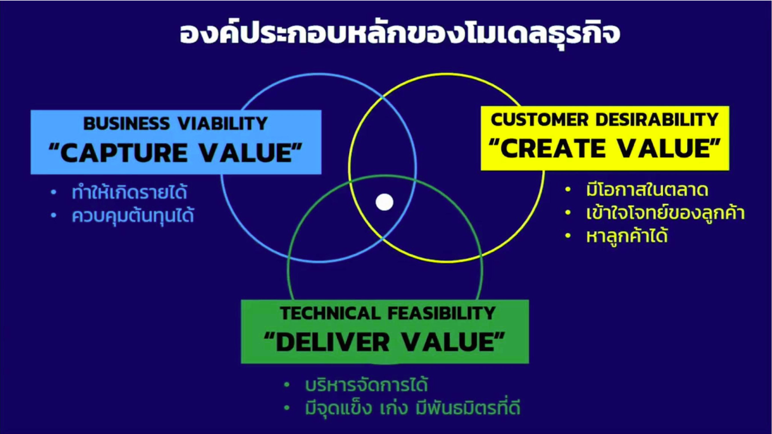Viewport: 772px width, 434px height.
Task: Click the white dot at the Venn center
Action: click(x=385, y=202)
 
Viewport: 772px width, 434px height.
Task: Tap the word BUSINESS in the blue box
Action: click(x=127, y=123)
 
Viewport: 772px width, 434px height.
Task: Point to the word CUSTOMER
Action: click(x=540, y=120)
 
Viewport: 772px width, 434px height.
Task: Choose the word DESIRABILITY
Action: click(x=657, y=120)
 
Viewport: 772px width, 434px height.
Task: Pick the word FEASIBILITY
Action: click(x=441, y=313)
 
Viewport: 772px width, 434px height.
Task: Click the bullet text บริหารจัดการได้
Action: click(x=366, y=385)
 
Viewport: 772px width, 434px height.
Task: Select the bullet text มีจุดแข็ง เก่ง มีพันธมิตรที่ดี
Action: click(x=413, y=408)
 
